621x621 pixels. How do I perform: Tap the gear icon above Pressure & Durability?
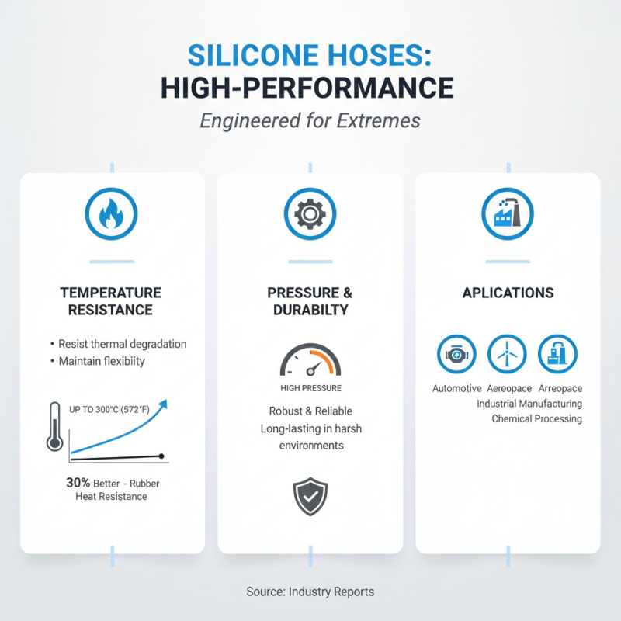(x=310, y=212)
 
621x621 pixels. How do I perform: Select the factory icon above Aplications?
(x=508, y=212)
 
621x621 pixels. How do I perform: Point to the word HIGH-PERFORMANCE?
(x=307, y=88)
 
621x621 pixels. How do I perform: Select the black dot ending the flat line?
(x=161, y=456)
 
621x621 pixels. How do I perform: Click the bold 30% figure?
(x=78, y=482)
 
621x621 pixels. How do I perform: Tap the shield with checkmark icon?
(x=310, y=497)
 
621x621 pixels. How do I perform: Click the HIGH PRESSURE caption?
(x=310, y=388)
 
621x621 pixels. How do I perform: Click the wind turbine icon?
(x=506, y=355)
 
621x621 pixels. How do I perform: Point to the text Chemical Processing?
(x=536, y=419)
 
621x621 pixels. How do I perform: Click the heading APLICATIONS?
(x=508, y=293)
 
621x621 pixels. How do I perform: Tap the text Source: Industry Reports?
(x=310, y=592)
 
